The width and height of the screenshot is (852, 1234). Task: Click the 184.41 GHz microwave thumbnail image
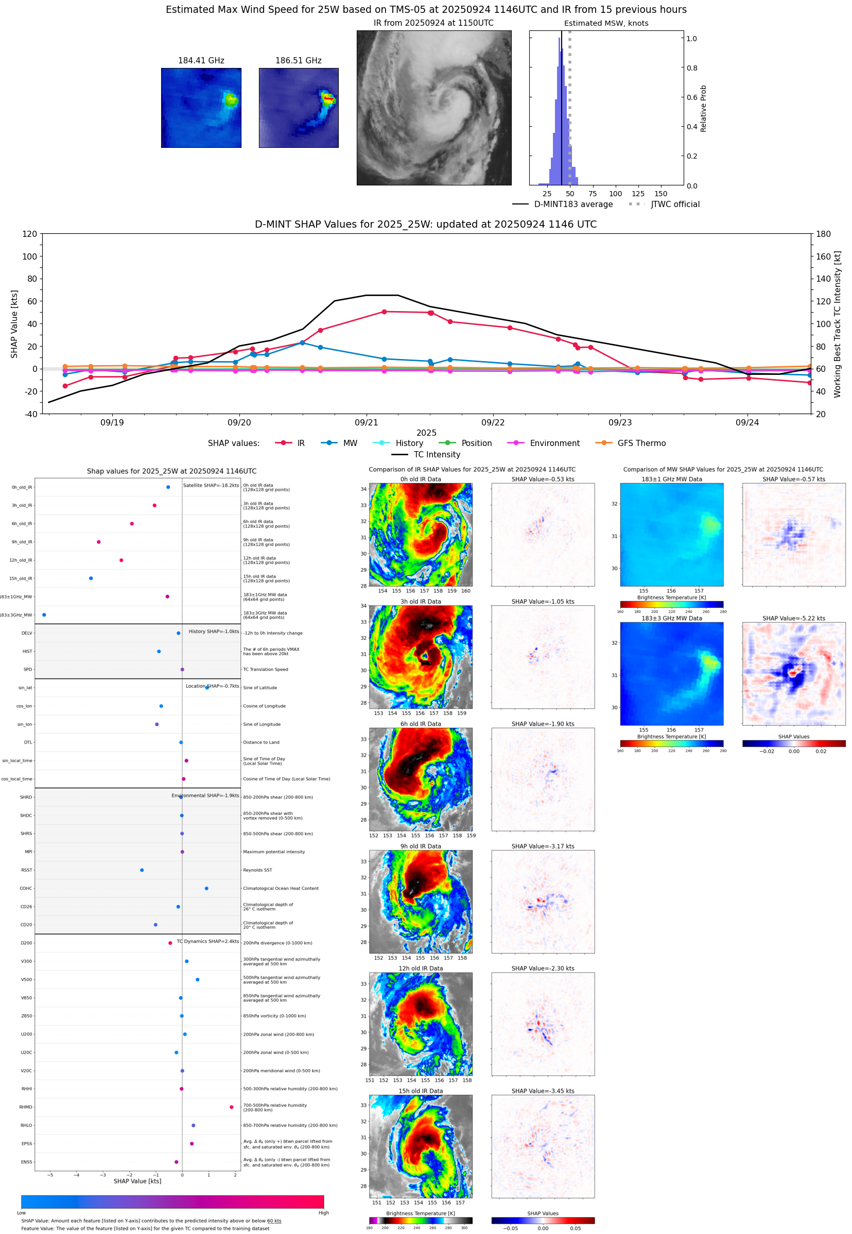(201, 107)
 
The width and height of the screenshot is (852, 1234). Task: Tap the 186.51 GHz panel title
(298, 60)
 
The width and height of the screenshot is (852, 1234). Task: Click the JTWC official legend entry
(675, 204)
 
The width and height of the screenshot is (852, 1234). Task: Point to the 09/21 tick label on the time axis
(366, 422)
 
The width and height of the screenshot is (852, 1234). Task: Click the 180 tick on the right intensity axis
(823, 234)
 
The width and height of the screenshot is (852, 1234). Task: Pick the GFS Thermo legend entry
(641, 443)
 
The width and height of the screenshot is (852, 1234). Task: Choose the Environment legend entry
(554, 443)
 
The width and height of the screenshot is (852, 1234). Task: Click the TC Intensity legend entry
(436, 454)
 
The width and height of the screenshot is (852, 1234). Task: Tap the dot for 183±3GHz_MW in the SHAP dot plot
(44, 614)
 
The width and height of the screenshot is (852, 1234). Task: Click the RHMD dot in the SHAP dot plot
(231, 1107)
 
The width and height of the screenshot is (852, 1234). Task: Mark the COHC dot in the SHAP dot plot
(206, 888)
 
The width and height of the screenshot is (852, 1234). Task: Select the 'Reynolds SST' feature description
(257, 870)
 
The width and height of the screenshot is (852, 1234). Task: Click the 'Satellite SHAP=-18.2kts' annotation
(211, 485)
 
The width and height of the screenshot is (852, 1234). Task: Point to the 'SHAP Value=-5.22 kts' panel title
(793, 619)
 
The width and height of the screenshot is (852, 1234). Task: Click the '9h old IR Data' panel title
(421, 846)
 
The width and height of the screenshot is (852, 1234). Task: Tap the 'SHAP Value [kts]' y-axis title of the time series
(14, 323)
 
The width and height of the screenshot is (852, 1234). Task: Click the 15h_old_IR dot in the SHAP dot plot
(91, 578)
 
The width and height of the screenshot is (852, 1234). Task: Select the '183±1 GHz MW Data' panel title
(672, 479)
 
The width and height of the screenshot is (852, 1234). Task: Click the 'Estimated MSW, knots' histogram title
(606, 23)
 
